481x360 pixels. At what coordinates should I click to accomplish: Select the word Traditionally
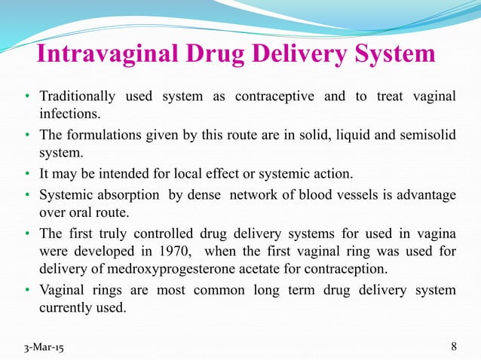click(x=77, y=96)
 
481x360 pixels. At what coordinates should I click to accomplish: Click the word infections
click(x=69, y=114)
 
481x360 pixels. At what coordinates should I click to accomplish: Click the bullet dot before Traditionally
click(x=26, y=97)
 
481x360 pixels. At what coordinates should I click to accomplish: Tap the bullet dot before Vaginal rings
click(x=26, y=291)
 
